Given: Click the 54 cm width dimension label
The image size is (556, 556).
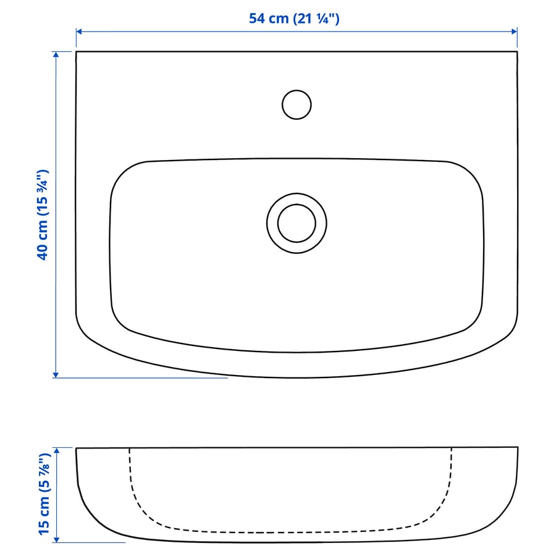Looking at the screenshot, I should click(x=294, y=19).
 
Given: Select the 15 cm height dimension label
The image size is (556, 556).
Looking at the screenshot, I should click(x=43, y=494).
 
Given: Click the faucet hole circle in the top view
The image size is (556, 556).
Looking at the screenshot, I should click(x=297, y=104).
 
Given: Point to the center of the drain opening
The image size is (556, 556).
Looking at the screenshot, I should click(x=297, y=223).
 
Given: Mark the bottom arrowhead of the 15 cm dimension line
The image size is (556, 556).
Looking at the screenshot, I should click(x=56, y=539).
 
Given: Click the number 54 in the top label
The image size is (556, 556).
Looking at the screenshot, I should click(x=257, y=19).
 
